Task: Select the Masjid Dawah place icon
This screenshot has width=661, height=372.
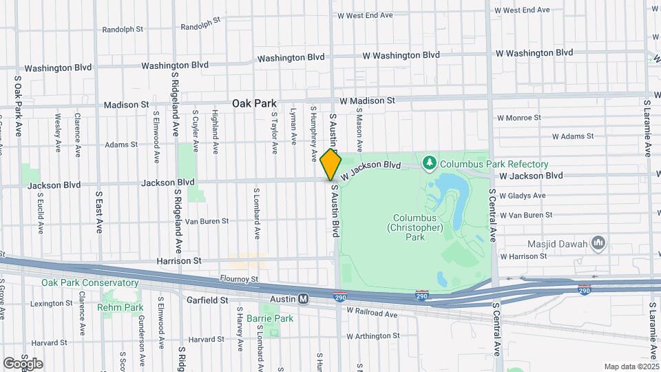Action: (x=598, y=242)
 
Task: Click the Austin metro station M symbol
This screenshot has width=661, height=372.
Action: (x=303, y=299)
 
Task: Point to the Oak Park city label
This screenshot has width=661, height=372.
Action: (x=254, y=103)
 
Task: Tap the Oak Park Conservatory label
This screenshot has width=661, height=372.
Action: (x=90, y=283)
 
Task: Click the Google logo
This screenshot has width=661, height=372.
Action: (x=23, y=363)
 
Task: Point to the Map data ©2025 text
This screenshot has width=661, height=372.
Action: (x=631, y=366)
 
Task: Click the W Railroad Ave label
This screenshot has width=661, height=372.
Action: (x=372, y=313)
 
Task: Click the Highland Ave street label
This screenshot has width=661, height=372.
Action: (x=216, y=130)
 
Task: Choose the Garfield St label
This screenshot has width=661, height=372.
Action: (x=207, y=300)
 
